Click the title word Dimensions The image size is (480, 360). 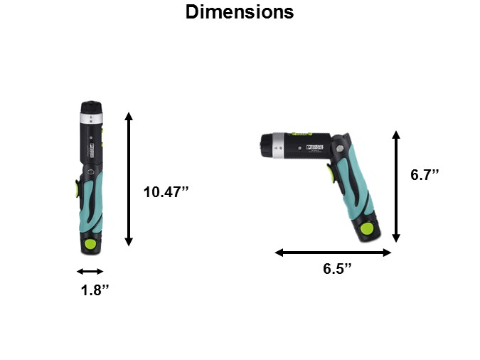coord(239,12)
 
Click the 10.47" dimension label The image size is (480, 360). coord(166,191)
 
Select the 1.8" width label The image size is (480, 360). coord(94,290)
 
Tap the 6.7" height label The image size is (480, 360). coord(425,174)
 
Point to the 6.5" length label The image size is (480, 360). coord(337,269)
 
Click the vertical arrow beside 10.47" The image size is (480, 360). coord(129,179)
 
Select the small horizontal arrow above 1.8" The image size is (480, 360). coord(90,271)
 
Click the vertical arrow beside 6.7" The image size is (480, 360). coord(396,186)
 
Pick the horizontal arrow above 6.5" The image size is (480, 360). coord(333,253)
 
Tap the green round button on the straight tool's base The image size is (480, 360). coord(90,244)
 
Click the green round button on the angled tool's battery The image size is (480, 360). coord(366,229)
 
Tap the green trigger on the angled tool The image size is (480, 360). coord(330,172)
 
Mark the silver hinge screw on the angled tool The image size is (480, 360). coord(340,149)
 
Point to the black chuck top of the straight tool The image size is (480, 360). coord(91,106)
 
